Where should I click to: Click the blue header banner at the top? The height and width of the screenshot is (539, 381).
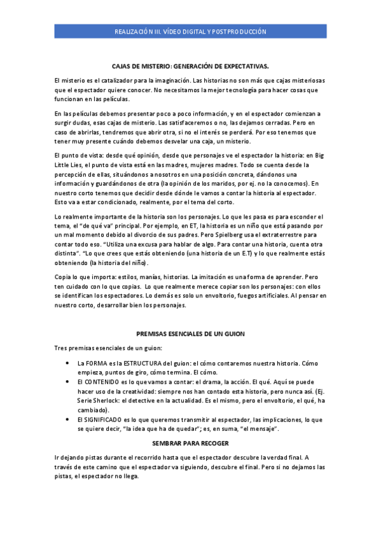click(190, 31)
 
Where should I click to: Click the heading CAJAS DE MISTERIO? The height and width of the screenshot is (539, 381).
click(190, 65)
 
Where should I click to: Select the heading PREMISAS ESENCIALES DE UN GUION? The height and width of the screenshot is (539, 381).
click(190, 334)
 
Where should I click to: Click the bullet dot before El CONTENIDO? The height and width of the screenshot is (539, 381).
click(68, 381)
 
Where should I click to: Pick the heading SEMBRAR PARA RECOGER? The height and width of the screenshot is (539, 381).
click(190, 442)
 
